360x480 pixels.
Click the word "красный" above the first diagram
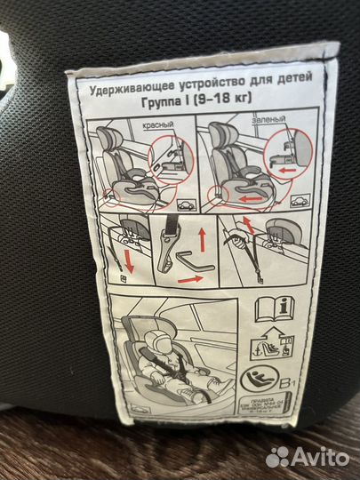click(158, 127)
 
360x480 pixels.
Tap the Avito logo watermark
click(308, 457)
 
